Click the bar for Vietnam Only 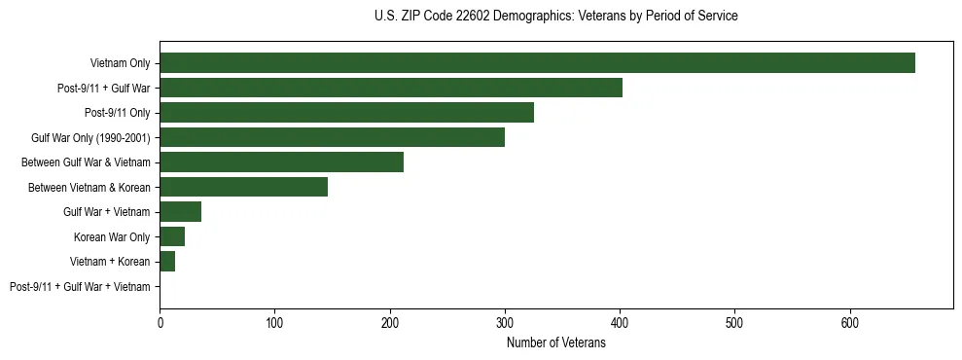point(537,63)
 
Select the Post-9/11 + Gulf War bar point(391,88)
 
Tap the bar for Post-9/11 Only point(346,113)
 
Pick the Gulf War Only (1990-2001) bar point(332,137)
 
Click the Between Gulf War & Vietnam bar point(281,162)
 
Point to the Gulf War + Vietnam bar point(180,212)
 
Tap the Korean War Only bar point(172,236)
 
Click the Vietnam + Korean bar point(167,262)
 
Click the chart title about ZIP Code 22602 point(555,17)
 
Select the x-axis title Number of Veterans point(555,342)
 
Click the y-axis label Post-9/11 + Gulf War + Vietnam point(80,287)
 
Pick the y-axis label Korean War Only point(112,237)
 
